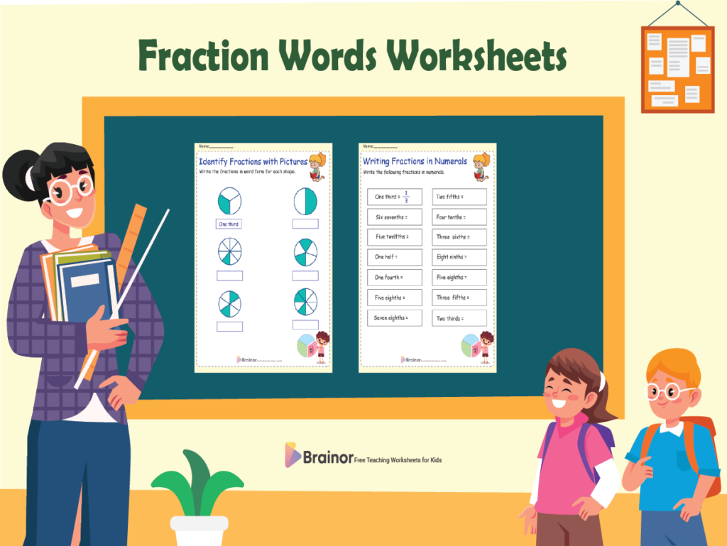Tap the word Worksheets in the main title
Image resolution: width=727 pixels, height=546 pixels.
coord(480,55)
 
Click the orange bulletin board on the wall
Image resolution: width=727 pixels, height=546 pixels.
coord(677,70)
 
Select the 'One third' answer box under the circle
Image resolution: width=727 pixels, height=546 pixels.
coord(229,224)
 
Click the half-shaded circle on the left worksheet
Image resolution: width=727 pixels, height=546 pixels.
coord(306,202)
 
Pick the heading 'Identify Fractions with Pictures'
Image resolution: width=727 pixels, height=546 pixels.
coord(253,162)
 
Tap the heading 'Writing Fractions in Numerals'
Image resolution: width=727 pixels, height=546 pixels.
coord(415,162)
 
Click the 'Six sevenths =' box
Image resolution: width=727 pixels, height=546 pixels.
coord(395,217)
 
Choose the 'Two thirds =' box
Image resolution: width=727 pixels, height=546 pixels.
coord(460,318)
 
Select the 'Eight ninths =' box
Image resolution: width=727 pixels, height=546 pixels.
coord(460,257)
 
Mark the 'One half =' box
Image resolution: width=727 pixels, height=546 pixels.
coord(395,257)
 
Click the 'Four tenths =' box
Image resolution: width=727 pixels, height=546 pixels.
coord(460,217)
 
